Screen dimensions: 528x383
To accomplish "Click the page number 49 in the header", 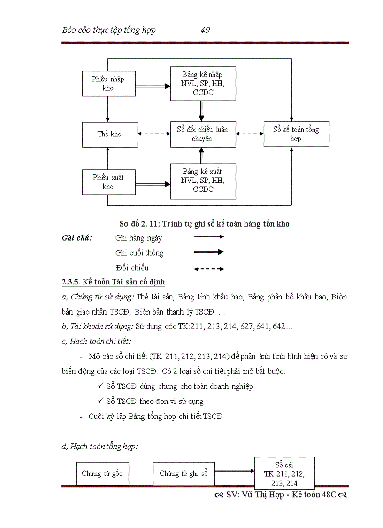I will point(205,31).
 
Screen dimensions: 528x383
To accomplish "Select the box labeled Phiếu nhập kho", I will point(108,84).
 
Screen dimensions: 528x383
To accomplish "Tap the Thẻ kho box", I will point(109,134).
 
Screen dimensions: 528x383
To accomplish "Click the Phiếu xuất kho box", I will point(108,182).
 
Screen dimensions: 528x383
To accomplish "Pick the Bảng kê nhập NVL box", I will point(203,84).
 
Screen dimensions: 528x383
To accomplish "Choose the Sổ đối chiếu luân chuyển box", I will point(203,134).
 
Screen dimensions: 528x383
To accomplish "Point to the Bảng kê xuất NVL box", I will point(203,181).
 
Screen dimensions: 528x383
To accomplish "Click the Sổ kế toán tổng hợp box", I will point(295,134).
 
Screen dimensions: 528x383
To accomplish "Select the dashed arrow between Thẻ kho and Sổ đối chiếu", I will point(154,134).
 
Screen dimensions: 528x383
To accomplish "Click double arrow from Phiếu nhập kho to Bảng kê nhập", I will point(153,86).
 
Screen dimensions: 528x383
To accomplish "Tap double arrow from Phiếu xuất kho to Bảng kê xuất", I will point(153,183).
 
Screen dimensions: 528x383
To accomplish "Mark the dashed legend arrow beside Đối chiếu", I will point(209,269).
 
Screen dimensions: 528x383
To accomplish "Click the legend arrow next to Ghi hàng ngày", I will point(209,237).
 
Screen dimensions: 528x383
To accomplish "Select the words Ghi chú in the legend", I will point(77,238).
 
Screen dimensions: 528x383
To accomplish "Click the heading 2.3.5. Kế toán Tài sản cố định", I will point(113,282).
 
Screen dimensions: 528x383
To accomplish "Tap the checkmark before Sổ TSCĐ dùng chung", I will point(100,386).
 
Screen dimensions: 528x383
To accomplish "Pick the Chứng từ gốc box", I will point(102,473).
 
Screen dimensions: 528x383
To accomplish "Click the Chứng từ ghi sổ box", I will point(184,473).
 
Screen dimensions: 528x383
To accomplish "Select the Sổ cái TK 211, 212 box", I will point(284,473).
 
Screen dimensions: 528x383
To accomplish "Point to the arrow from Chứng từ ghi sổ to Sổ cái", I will point(234,471).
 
